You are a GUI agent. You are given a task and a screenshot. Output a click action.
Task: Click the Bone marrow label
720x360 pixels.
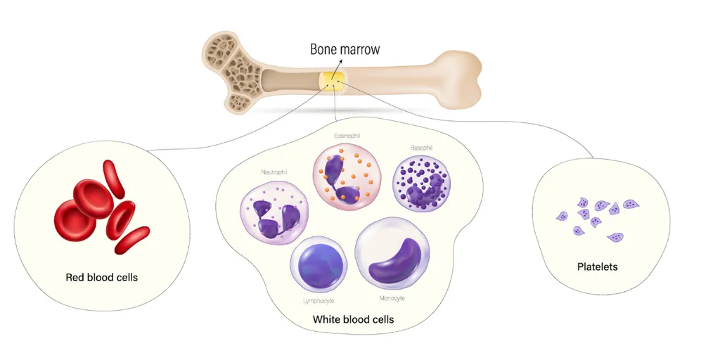click(345, 50)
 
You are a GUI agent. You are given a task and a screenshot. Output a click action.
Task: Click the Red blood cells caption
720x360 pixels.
click(102, 277)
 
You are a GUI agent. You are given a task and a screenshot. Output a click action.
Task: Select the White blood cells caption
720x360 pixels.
click(353, 319)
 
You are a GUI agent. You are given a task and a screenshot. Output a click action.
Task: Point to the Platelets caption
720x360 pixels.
click(597, 267)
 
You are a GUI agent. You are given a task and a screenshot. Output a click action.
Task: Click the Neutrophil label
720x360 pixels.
click(274, 172)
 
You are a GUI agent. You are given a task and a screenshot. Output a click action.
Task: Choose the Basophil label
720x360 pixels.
click(421, 148)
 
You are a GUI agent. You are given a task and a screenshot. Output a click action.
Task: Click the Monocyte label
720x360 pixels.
click(392, 298)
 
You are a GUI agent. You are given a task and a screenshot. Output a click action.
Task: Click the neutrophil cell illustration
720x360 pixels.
click(275, 210)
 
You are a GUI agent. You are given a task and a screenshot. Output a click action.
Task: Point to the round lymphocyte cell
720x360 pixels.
click(319, 266)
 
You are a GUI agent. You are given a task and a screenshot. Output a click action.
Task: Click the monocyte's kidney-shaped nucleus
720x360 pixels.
click(397, 261)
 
